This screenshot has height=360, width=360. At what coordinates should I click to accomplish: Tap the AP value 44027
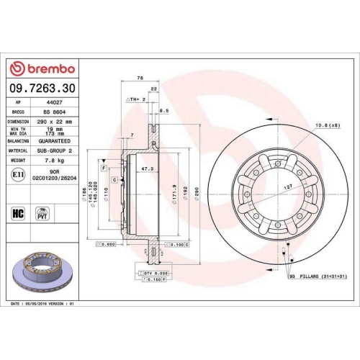(x=47, y=102)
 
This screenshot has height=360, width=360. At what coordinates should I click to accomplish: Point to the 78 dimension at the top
(x=140, y=78)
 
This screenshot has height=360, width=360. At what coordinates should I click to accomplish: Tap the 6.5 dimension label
(x=164, y=110)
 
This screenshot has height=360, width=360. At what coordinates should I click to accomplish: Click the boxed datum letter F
(x=105, y=167)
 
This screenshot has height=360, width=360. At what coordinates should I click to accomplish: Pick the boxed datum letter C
(x=114, y=179)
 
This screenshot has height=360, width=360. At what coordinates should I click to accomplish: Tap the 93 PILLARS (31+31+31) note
(x=318, y=276)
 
